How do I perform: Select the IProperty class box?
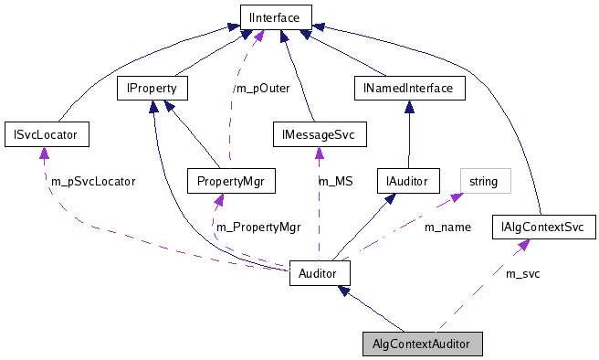[x=152, y=89]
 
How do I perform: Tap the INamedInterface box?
[x=409, y=89]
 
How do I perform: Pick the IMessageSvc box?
[x=320, y=135]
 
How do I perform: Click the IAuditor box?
[x=408, y=180]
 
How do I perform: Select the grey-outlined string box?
[x=483, y=181]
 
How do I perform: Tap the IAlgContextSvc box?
[x=543, y=227]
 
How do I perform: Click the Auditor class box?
[x=320, y=272]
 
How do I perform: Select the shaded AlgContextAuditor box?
[x=421, y=344]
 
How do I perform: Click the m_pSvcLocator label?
[x=91, y=182]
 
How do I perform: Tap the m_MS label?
[x=335, y=182]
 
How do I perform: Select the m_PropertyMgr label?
[x=257, y=227]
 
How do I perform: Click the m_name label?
[x=447, y=227]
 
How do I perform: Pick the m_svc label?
[x=522, y=273]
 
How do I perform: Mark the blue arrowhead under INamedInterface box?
[x=409, y=106]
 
